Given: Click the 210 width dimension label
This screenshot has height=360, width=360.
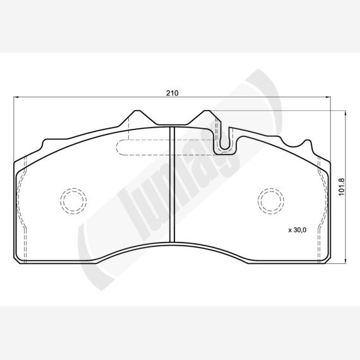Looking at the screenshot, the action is tap(172, 93).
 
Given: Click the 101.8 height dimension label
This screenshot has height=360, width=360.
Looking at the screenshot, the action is tap(342, 187).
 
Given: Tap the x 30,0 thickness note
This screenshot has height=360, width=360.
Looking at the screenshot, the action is tap(297, 230).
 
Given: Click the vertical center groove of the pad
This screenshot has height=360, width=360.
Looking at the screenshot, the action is tap(172, 184).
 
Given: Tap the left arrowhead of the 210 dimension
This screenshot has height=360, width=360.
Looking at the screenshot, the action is tap(16, 97).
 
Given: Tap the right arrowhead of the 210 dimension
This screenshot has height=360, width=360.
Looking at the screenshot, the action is tap(328, 97).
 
